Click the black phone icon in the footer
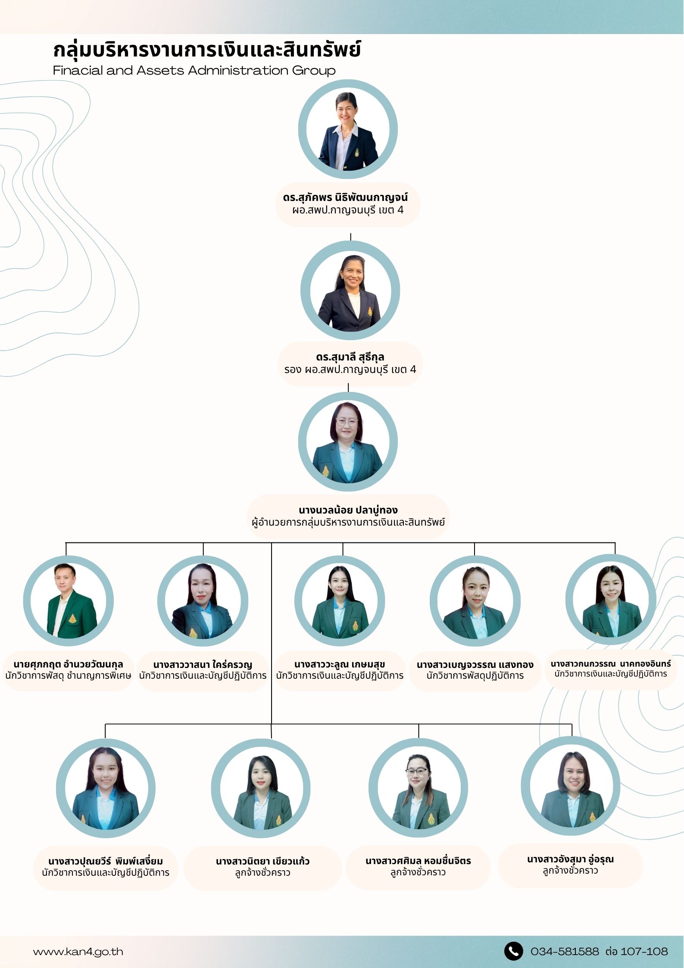click(x=513, y=951)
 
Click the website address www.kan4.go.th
click(x=78, y=952)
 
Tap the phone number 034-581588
click(x=565, y=951)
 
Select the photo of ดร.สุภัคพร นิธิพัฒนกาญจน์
click(x=347, y=129)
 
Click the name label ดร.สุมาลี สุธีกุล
click(x=350, y=357)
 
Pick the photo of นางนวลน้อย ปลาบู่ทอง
click(x=347, y=442)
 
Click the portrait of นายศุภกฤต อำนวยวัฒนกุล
click(x=69, y=601)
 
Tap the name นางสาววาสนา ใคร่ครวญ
click(x=203, y=664)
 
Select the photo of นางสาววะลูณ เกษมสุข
click(x=340, y=601)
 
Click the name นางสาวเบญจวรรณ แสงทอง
click(x=475, y=664)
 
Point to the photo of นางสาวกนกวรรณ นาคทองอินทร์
click(x=611, y=599)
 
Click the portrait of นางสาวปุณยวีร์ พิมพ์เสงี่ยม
click(x=106, y=788)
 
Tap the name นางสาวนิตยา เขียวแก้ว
click(x=262, y=861)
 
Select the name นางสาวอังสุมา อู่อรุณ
click(x=570, y=859)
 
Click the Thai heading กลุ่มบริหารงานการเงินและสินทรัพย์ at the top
click(x=207, y=50)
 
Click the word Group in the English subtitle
click(x=314, y=71)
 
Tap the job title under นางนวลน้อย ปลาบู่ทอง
click(x=348, y=522)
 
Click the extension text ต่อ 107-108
click(x=637, y=951)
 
